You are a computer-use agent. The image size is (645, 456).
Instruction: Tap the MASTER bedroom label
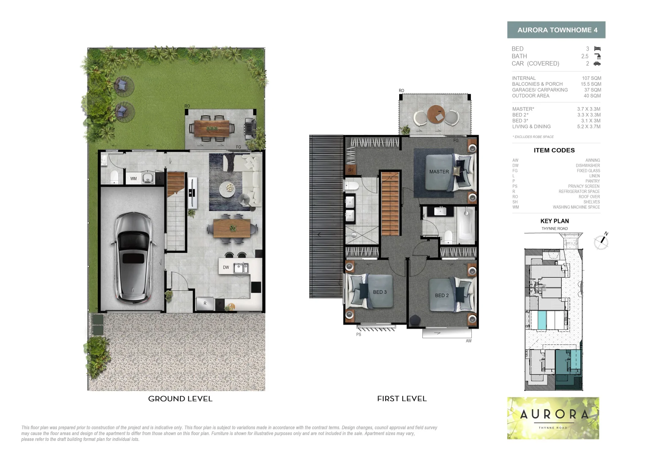439,172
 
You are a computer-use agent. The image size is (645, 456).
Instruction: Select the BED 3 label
379,292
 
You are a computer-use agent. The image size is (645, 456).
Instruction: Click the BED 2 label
441,296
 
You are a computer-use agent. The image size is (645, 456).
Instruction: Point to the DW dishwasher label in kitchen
226,267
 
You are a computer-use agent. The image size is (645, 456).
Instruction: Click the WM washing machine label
133,179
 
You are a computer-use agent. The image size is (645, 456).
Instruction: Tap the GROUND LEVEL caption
180,399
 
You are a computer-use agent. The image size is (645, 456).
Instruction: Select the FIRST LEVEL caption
402,399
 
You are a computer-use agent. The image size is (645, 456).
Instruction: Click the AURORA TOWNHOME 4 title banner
556,30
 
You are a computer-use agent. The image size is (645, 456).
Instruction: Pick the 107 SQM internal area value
591,78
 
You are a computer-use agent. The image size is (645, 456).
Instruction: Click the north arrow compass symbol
601,242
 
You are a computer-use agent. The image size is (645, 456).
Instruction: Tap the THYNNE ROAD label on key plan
555,229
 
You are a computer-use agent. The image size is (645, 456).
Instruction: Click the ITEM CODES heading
554,150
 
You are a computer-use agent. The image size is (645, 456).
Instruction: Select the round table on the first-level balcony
436,114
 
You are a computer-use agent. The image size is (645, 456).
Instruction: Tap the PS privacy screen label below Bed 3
359,334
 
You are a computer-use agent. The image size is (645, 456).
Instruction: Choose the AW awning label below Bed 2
468,341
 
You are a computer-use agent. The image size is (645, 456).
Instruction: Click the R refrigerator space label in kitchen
205,303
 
